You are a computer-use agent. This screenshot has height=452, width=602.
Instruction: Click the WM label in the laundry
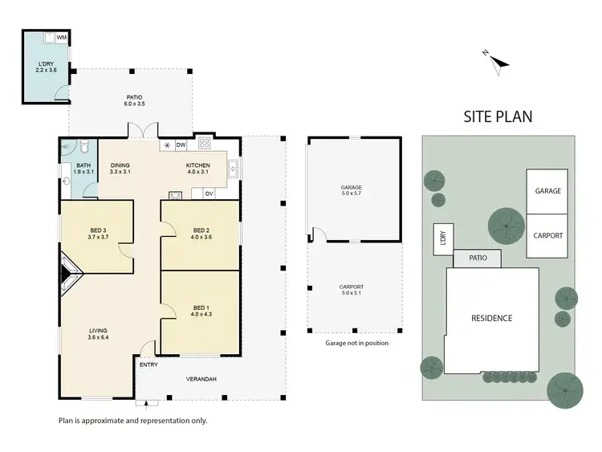click(61, 38)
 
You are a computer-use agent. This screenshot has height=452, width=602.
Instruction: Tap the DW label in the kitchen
click(181, 145)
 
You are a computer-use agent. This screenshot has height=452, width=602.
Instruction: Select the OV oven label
click(209, 193)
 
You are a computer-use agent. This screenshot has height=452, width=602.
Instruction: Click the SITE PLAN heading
click(498, 117)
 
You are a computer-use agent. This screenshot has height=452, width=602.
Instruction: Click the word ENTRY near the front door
click(148, 364)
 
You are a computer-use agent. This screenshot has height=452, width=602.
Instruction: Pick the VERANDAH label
click(201, 379)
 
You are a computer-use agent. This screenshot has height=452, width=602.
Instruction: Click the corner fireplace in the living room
click(69, 273)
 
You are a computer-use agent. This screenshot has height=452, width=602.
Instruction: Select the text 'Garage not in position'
click(356, 343)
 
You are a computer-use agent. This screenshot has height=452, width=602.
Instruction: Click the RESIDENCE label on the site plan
click(491, 319)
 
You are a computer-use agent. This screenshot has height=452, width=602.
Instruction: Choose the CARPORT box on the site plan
click(547, 235)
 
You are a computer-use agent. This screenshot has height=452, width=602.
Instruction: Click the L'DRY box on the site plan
click(441, 239)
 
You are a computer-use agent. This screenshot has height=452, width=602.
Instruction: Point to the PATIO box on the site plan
click(477, 259)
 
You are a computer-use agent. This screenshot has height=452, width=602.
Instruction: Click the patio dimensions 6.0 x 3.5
click(133, 103)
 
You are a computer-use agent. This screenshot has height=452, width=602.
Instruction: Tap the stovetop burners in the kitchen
click(204, 145)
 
